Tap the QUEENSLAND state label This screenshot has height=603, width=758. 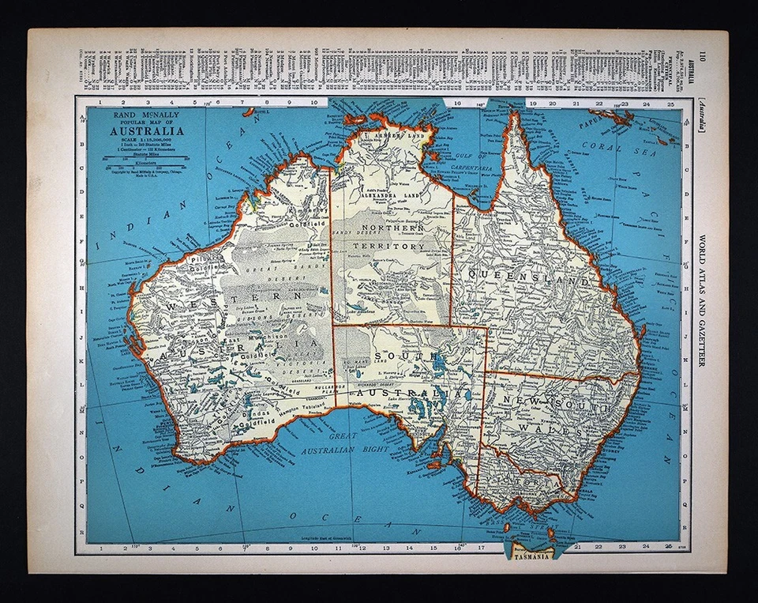[529, 279]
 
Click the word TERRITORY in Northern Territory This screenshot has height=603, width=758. [390, 247]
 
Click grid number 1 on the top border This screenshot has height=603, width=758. [101, 102]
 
